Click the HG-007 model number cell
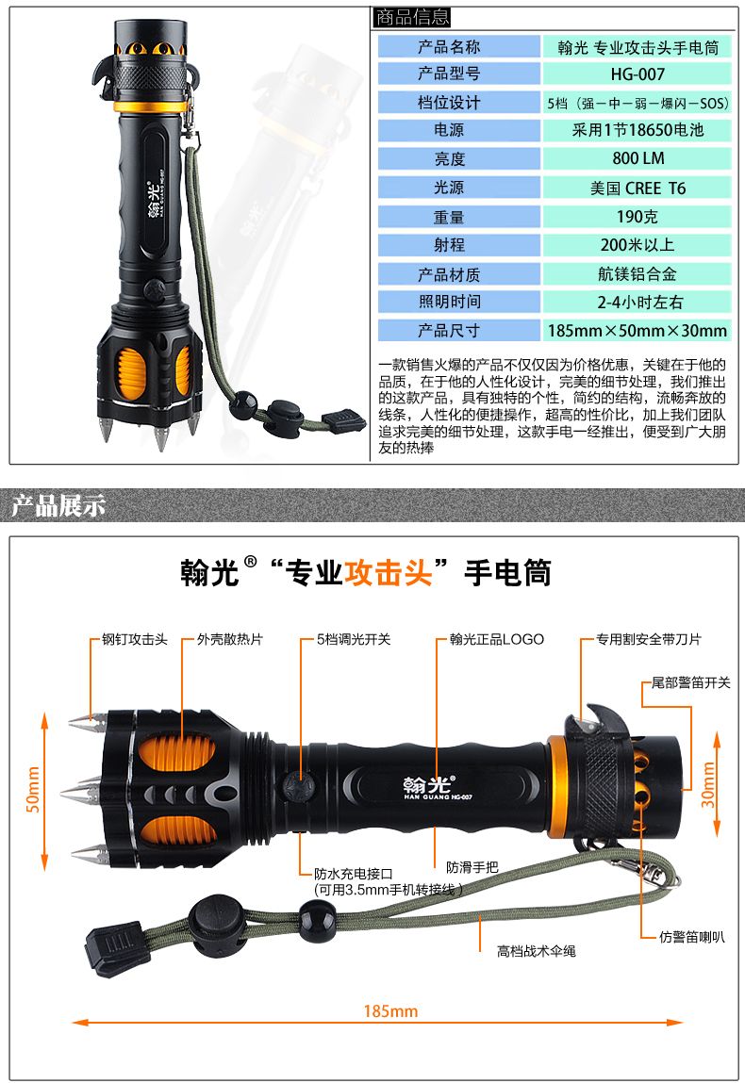coord(637,74)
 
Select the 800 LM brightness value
coord(637,158)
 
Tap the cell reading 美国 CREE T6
coord(637,188)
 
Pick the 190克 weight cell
coord(637,217)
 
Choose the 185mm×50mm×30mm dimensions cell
coord(637,330)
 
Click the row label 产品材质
coord(449,274)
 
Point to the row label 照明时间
coord(449,302)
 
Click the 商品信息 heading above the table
coord(412,17)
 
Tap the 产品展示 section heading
coord(58,505)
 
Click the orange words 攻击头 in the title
coord(389,572)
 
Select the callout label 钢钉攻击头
coord(135,639)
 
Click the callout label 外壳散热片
coord(230,639)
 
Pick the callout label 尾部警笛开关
coord(690,682)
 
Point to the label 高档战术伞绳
coord(537,951)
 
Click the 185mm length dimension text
coord(390,1011)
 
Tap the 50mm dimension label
coord(32,790)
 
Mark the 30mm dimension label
coord(707,784)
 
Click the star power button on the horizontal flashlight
coord(296,787)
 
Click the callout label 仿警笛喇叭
coord(692,937)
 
